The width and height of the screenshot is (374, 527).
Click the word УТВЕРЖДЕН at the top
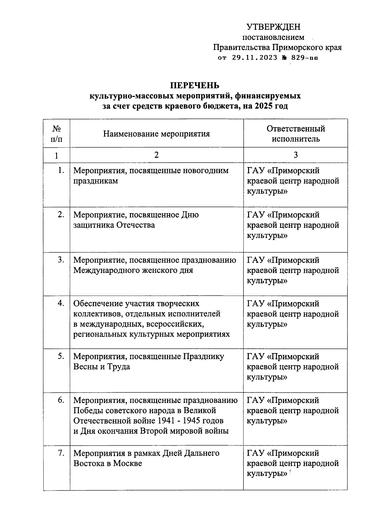tap(273, 27)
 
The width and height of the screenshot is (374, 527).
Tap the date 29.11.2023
tap(254, 58)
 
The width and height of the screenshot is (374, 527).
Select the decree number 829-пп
tap(304, 58)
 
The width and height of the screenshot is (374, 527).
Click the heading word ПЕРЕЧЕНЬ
tap(194, 85)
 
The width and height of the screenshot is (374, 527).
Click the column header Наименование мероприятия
tap(156, 134)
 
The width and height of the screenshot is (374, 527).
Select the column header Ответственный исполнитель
tap(295, 134)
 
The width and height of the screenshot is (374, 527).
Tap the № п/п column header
tap(56, 134)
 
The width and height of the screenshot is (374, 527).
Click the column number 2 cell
tap(156, 155)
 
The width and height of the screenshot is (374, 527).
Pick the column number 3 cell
tap(295, 155)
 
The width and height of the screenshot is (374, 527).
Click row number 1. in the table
tap(61, 170)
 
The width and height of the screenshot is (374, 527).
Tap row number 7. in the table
tap(61, 453)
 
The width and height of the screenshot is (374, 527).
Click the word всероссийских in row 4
tap(175, 324)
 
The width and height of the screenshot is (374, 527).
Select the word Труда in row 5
tap(119, 367)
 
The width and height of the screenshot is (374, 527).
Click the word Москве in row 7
tap(127, 463)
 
